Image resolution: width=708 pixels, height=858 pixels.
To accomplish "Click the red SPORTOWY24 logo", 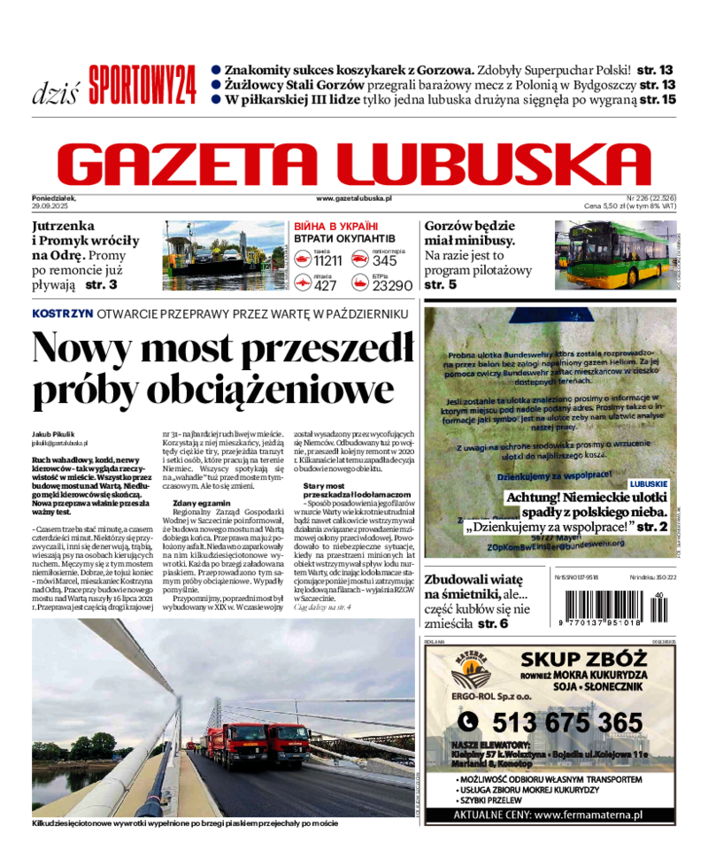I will coord(141,86).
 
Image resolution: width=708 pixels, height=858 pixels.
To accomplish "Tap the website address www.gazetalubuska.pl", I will coord(354,200).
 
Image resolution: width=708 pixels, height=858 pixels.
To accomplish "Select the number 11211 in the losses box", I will coord(327,260).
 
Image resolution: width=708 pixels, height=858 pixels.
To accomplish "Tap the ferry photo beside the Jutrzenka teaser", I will coord(226,256).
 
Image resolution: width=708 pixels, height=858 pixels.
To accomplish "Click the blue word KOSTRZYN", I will coord(62,314).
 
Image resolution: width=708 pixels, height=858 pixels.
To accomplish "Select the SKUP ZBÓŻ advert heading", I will coord(576,659).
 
